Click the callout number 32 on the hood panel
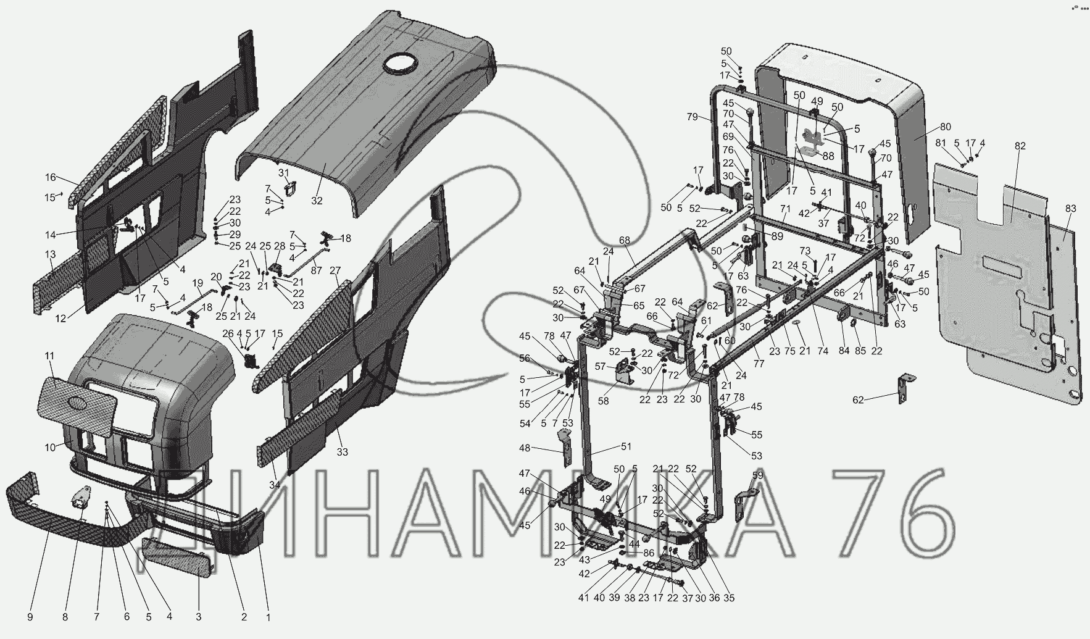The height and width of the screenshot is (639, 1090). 317,200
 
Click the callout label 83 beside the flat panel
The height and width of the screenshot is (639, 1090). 1070,209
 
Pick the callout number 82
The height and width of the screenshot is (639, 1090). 1020,146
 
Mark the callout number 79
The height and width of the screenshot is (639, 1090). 692,117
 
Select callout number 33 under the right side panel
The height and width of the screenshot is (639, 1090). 342,451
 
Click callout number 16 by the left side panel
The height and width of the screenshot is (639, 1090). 50,177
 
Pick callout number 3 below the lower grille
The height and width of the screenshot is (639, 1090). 199,616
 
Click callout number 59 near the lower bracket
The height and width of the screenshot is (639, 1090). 757,475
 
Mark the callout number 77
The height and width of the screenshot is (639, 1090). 759,364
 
